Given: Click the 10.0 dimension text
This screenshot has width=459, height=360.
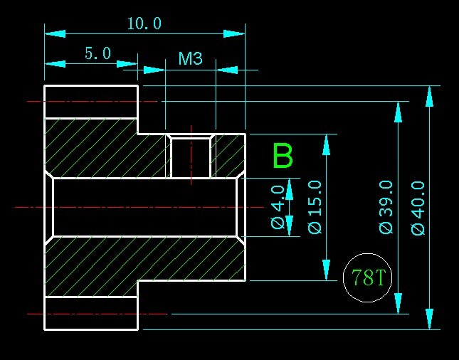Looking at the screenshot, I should [144, 23].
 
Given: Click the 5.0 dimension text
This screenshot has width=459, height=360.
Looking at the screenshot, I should [97, 53].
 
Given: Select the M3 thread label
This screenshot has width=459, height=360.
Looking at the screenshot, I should [190, 58].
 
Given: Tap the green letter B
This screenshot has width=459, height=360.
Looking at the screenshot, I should [283, 157].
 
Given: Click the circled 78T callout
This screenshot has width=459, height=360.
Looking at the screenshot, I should [368, 277].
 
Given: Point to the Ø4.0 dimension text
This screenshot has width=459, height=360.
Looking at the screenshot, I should [278, 207].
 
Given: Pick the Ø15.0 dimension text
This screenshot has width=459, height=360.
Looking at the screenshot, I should [316, 207].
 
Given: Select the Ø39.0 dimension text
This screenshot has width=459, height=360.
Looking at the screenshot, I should [386, 207].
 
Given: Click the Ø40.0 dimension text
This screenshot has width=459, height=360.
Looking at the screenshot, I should [418, 207].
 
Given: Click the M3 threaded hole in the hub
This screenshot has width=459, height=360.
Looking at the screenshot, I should [191, 157].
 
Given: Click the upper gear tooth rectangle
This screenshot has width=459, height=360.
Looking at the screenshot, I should [91, 102].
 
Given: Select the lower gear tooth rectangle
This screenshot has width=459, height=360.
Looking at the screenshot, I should [91, 313].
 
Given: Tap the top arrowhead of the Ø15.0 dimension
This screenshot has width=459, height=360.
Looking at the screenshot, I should [327, 144].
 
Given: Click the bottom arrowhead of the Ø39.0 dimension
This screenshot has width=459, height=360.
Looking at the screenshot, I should [398, 303].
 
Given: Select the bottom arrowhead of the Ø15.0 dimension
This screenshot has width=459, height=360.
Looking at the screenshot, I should [327, 270].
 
